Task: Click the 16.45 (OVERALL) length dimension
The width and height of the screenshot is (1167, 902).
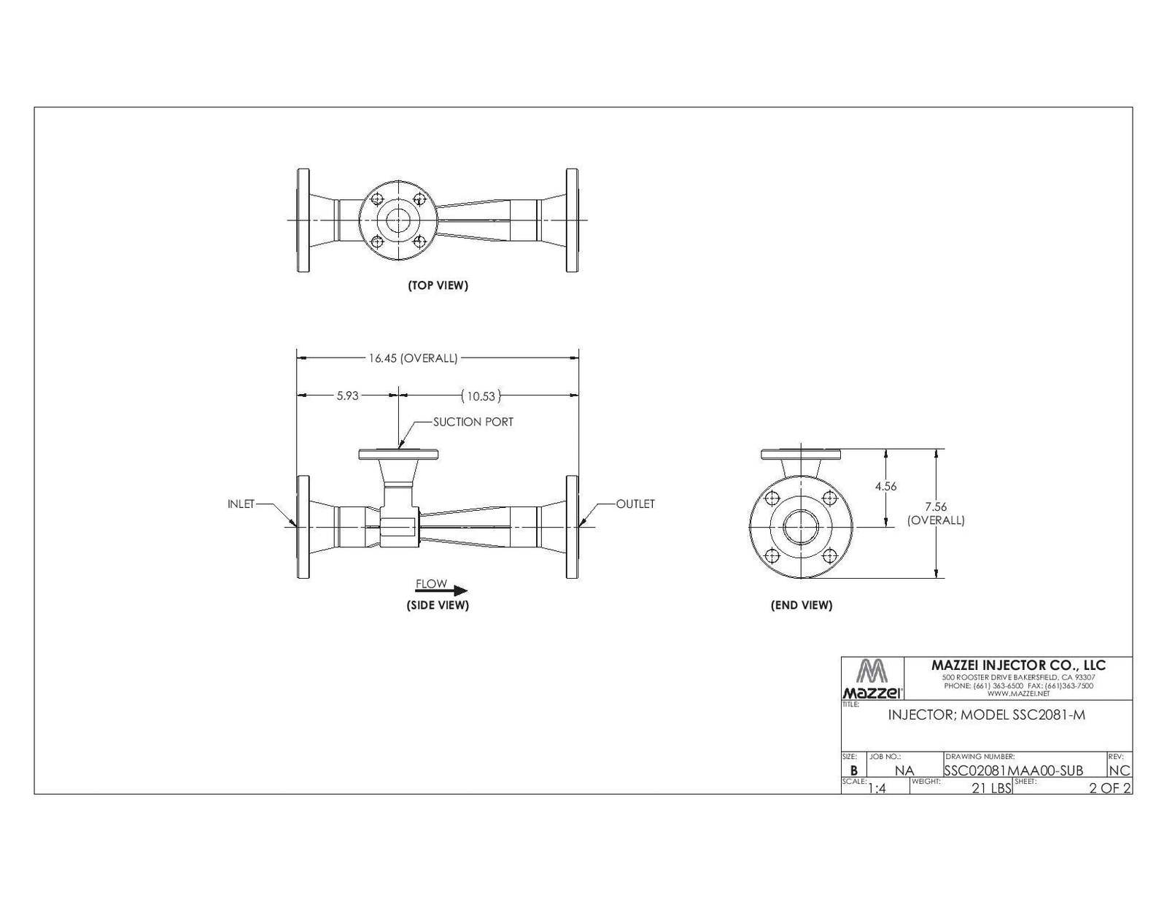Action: (x=413, y=358)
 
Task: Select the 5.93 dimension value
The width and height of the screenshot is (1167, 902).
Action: (x=347, y=396)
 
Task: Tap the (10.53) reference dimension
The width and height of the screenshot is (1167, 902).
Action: (x=481, y=396)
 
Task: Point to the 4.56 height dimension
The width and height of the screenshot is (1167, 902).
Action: (x=885, y=486)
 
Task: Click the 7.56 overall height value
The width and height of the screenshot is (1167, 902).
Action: (x=936, y=506)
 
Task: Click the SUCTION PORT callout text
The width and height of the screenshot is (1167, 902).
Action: (x=473, y=423)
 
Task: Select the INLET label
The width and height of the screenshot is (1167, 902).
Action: (x=241, y=504)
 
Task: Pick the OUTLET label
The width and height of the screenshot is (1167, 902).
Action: (x=635, y=504)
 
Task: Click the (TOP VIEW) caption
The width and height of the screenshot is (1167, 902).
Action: (x=438, y=285)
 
